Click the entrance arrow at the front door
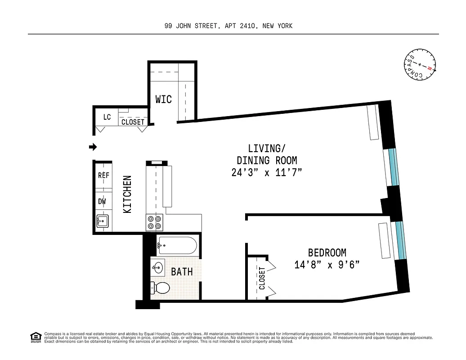93,147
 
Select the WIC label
163,99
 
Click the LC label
107,117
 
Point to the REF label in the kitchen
103,175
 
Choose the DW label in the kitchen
102,201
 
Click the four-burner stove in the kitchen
155,222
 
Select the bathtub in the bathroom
176,246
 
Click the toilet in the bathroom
161,287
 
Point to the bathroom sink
157,267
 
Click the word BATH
182,272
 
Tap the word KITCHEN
127,194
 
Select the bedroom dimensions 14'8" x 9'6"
327,265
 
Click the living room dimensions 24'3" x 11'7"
267,172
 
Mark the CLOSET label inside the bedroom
262,278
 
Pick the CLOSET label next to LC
133,122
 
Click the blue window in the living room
394,166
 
